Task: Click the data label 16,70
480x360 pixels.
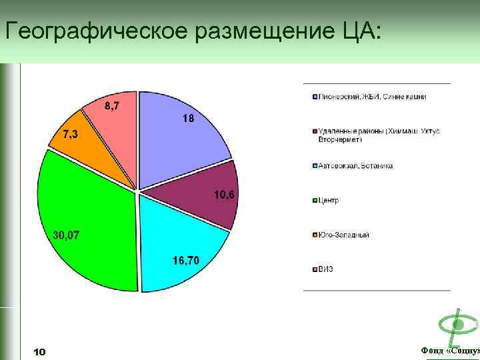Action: [186, 260]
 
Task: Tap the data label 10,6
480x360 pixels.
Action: [225, 195]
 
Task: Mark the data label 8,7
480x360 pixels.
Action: [112, 106]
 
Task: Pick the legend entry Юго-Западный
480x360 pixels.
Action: [343, 235]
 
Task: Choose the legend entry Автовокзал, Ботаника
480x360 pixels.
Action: [355, 165]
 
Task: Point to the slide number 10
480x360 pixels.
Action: [39, 351]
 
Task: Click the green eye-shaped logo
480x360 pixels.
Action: [458, 325]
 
